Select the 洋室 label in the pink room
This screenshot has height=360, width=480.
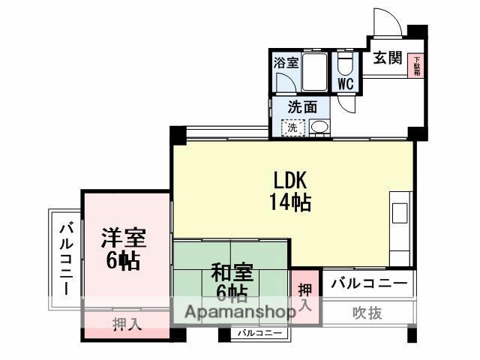click(124, 239)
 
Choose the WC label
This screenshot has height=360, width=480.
click(346, 83)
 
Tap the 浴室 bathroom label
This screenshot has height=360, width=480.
click(286, 63)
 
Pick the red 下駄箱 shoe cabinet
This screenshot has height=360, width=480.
click(415, 66)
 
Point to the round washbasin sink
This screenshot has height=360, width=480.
click(318, 128)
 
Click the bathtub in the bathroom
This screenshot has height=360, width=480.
click(314, 71)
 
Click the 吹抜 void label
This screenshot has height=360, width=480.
click(367, 313)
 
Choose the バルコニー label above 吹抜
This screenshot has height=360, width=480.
click(369, 284)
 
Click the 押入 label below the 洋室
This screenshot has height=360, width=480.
click(126, 324)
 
